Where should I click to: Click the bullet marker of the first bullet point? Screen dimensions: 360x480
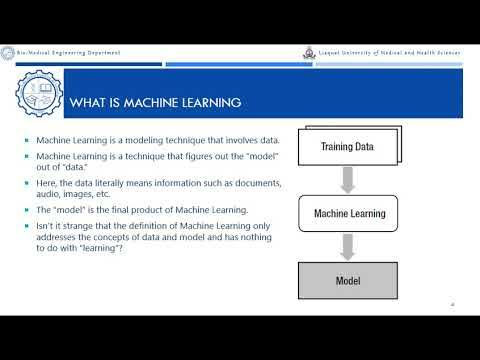point(27,140)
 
